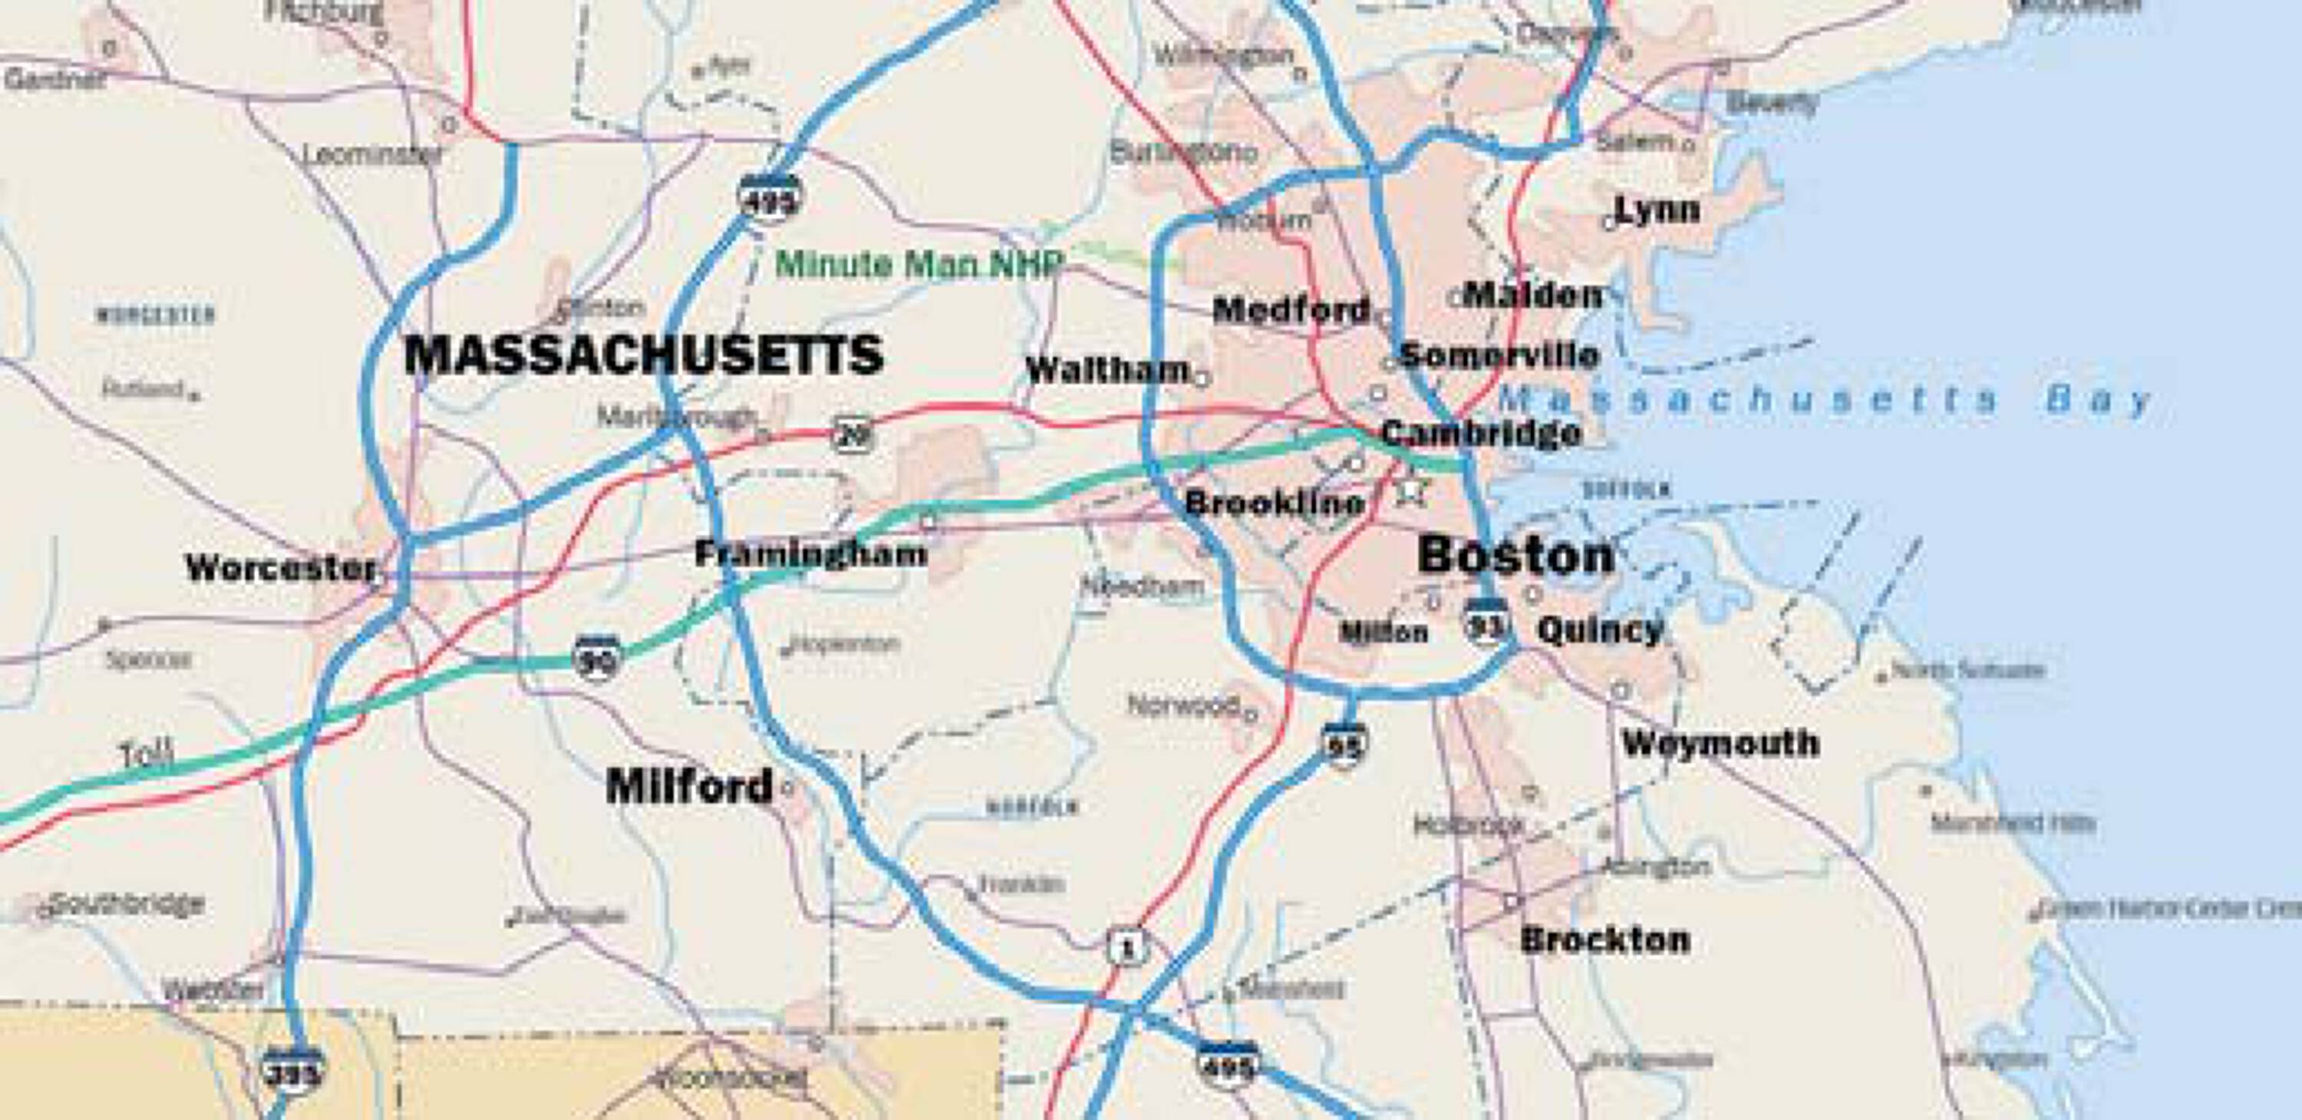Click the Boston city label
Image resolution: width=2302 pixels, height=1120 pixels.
point(1515,555)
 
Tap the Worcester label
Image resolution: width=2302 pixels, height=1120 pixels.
point(280,567)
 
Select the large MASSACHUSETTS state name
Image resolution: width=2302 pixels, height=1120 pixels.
point(644,355)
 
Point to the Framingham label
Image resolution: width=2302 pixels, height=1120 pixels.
point(810,554)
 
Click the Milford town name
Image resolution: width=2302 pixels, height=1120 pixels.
point(689,787)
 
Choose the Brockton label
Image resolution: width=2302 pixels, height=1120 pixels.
point(1605,940)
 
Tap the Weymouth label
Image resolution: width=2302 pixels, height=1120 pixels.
point(1720,743)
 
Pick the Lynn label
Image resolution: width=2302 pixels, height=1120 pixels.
point(1657,210)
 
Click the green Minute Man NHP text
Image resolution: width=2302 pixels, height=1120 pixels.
point(919,263)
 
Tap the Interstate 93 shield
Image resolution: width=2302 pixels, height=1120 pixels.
point(1486,621)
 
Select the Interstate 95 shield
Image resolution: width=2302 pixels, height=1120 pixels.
point(1344,743)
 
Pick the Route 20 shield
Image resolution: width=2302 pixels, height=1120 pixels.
point(853,434)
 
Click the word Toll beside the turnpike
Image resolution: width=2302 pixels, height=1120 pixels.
point(147,756)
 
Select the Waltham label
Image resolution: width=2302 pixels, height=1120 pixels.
point(1107,369)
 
